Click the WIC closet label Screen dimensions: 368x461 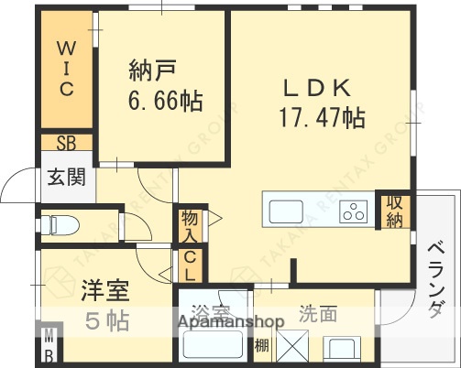pos(67,68)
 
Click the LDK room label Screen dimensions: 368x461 pos(315,88)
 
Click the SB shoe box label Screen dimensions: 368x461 pos(67,143)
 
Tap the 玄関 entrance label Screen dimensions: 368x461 pos(67,176)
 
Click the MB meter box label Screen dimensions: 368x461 pos(49,345)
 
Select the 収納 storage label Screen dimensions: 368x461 pos(395,211)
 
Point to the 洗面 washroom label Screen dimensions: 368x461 pos(317,314)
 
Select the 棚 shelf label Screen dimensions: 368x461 pos(261,345)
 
